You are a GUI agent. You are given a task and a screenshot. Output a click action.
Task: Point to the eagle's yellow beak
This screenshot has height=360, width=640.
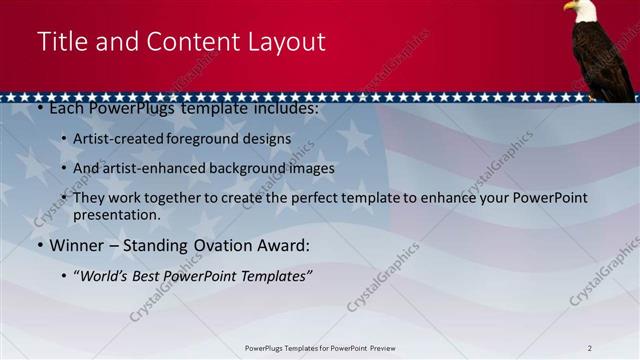tap(568, 7)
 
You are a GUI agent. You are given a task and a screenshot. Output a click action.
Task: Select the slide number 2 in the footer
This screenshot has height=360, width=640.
tap(589, 348)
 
